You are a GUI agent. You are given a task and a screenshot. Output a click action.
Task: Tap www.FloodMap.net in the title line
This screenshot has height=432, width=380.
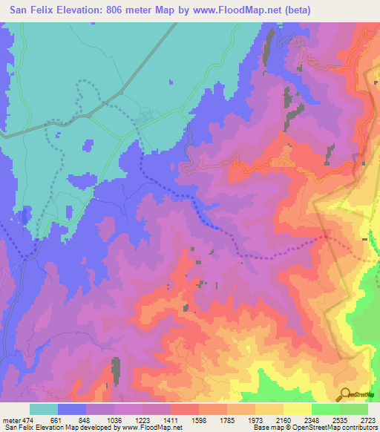[230, 10]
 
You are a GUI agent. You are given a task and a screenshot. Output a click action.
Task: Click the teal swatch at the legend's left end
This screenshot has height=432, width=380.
[44, 409]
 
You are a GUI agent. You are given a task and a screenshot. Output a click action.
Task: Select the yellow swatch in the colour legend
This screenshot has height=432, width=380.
[297, 409]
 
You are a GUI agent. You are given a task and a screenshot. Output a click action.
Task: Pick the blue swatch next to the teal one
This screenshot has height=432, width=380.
[72, 409]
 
